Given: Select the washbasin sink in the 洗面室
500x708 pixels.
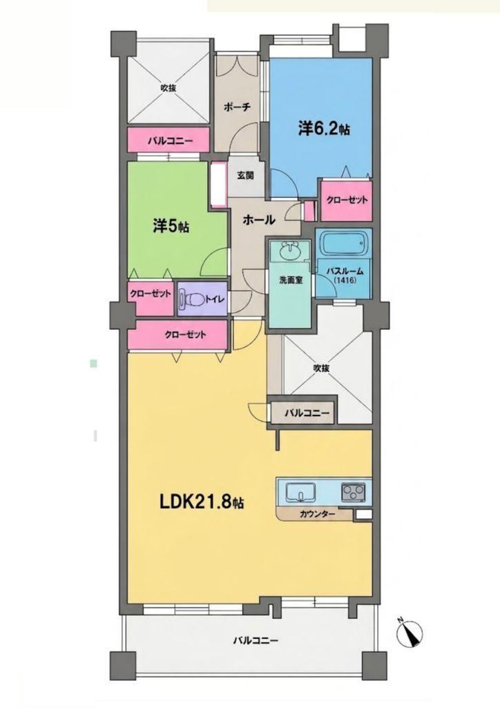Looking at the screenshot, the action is pyautogui.click(x=289, y=250).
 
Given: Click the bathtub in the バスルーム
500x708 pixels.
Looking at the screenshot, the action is pyautogui.click(x=343, y=245).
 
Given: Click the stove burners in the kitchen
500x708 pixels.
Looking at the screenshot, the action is pyautogui.click(x=354, y=492).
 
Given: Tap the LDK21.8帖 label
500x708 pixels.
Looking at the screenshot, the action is pyautogui.click(x=202, y=501).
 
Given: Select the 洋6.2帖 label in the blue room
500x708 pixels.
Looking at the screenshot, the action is pyautogui.click(x=323, y=129).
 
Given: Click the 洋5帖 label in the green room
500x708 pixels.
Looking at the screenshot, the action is pyautogui.click(x=171, y=226).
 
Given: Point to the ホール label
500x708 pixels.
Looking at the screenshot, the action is pyautogui.click(x=259, y=220).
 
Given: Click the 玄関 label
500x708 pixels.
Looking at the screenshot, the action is pyautogui.click(x=245, y=175).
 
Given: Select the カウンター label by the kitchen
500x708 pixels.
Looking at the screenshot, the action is pyautogui.click(x=317, y=514).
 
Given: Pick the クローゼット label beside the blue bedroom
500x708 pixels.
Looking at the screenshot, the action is pyautogui.click(x=347, y=200).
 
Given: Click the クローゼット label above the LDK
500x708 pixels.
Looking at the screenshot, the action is pyautogui.click(x=185, y=335).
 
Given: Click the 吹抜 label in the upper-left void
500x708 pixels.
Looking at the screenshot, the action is pyautogui.click(x=169, y=88).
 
